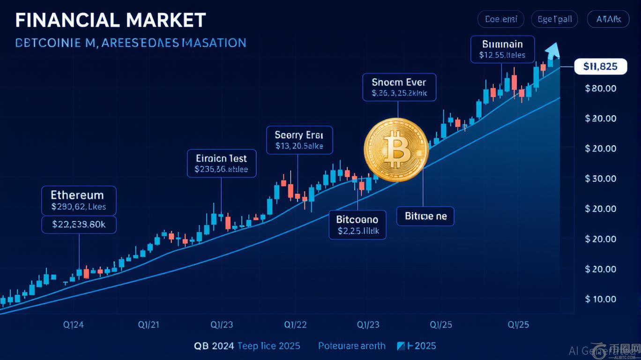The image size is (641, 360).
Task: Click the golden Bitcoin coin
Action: click(x=396, y=150)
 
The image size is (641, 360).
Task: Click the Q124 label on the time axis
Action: click(x=73, y=324)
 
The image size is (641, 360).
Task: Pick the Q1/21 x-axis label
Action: click(x=149, y=324)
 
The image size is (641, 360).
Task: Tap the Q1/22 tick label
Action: click(x=296, y=324)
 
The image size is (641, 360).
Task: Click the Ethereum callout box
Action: click(x=78, y=200)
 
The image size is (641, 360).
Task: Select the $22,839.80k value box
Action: click(x=78, y=225)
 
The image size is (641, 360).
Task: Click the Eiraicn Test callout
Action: click(x=222, y=163)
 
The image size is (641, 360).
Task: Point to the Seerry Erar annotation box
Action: click(x=299, y=140)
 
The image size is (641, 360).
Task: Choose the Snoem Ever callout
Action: click(x=399, y=87)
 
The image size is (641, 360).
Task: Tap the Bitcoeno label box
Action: click(x=357, y=225)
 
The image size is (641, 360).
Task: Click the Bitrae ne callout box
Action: click(x=425, y=216)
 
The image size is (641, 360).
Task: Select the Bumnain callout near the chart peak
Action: click(x=502, y=49)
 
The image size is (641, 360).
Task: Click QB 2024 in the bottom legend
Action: click(x=215, y=346)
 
